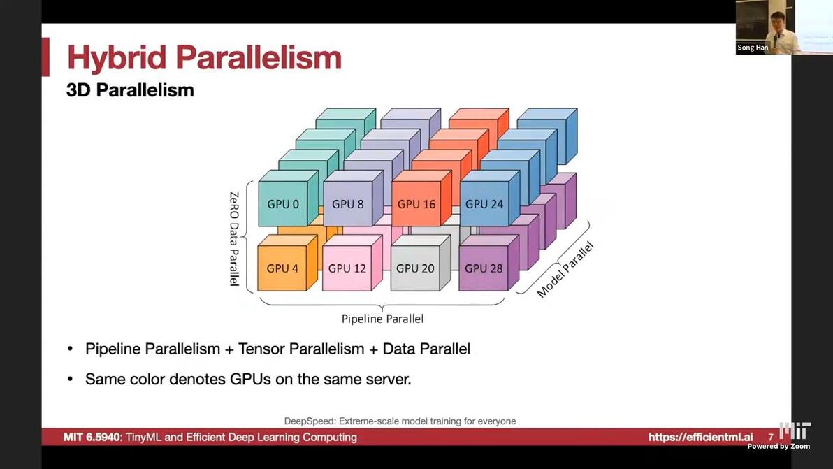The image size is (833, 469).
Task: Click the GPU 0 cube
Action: (x=283, y=204)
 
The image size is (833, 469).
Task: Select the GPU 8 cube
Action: (x=348, y=204)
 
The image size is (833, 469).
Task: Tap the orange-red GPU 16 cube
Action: (x=416, y=204)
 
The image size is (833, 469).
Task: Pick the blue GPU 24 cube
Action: (x=484, y=204)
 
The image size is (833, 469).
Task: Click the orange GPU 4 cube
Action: (x=282, y=268)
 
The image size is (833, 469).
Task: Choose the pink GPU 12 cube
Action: (x=347, y=268)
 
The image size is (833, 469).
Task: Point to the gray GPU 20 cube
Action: (x=415, y=268)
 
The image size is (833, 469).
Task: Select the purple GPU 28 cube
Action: (x=484, y=268)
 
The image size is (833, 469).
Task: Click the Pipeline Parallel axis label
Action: (x=382, y=319)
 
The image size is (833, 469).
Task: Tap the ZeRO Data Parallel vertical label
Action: (x=234, y=238)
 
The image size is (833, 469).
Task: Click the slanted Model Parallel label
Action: (x=565, y=270)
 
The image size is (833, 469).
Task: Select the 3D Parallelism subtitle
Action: (x=130, y=90)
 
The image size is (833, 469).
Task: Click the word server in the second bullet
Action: (x=388, y=380)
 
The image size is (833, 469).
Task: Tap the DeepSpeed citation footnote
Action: (x=400, y=421)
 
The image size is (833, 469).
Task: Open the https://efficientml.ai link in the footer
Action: (x=700, y=438)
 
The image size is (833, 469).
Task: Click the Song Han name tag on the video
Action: (x=753, y=48)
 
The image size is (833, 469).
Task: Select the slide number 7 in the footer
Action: (x=771, y=438)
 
